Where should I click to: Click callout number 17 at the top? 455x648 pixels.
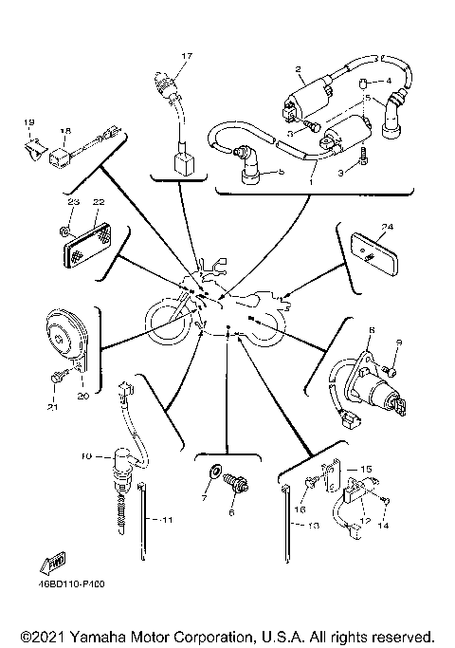[x=187, y=57]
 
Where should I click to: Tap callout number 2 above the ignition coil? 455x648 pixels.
[x=298, y=69]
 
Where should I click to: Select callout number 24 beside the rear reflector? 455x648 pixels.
[x=387, y=227]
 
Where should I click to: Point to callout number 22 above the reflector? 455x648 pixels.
[x=98, y=201]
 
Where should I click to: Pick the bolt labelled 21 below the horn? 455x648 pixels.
[x=59, y=379]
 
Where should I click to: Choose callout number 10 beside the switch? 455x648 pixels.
[x=85, y=455]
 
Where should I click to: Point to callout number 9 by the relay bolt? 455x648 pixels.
[x=398, y=343]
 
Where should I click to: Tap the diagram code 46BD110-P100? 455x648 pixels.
[x=72, y=585]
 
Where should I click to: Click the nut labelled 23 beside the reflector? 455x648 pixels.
[x=62, y=230]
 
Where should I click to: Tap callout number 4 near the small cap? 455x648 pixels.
[x=388, y=81]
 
